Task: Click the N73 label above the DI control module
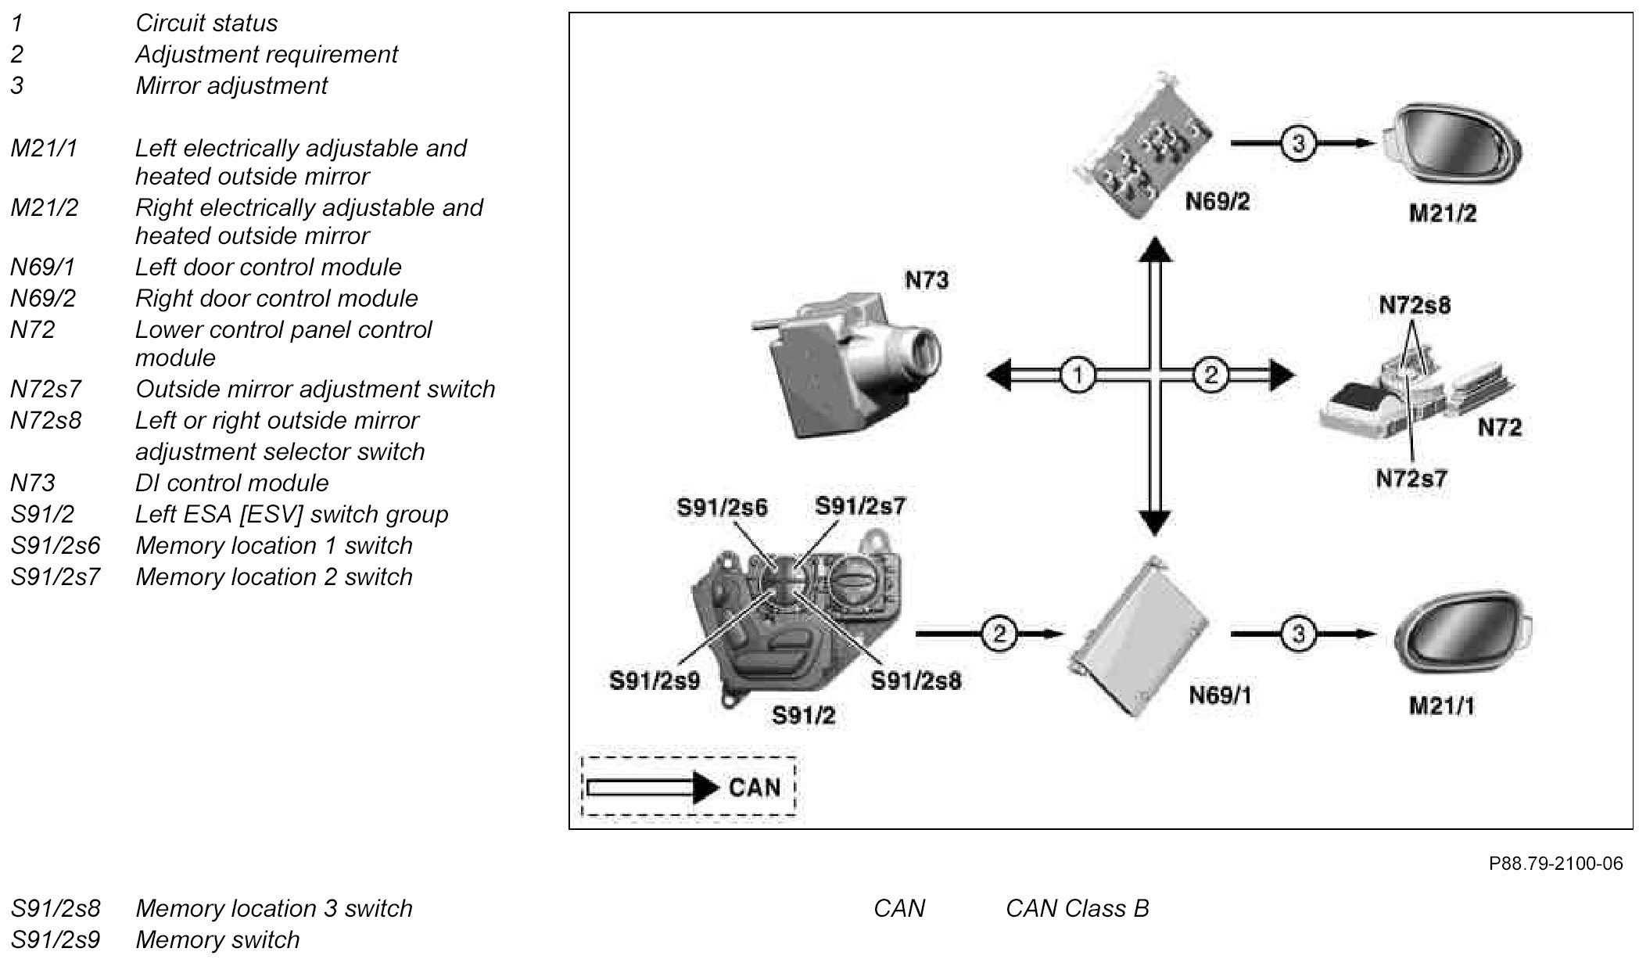[x=927, y=280]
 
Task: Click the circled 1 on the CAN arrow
[x=1078, y=376]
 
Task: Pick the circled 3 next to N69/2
[x=1298, y=144]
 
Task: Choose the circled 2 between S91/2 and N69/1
[x=999, y=633]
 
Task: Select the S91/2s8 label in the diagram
[x=916, y=681]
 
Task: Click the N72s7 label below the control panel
[x=1411, y=479]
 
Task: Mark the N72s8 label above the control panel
[x=1415, y=305]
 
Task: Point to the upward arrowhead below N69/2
[x=1155, y=249]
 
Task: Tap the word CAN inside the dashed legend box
[x=755, y=787]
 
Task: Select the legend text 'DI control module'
[x=231, y=483]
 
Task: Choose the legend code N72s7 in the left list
[x=45, y=389]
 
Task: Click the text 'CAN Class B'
[x=1077, y=908]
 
